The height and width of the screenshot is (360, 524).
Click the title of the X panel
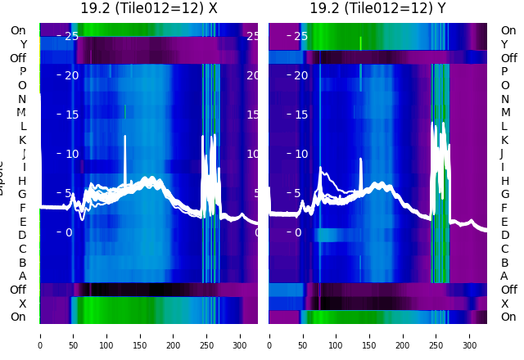(149, 9)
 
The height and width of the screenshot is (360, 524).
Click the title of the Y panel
(377, 9)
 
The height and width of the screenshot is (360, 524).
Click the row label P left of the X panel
(22, 72)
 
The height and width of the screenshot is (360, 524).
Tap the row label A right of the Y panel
(504, 277)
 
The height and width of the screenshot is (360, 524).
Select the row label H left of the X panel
(22, 181)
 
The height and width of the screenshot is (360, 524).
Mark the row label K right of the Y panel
(504, 140)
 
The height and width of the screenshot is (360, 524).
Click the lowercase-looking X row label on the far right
(504, 304)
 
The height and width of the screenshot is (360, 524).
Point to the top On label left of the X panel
(18, 31)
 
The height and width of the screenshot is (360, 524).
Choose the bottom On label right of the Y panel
(508, 317)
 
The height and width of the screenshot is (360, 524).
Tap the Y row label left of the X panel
(23, 44)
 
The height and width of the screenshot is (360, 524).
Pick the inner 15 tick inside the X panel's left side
(70, 115)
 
